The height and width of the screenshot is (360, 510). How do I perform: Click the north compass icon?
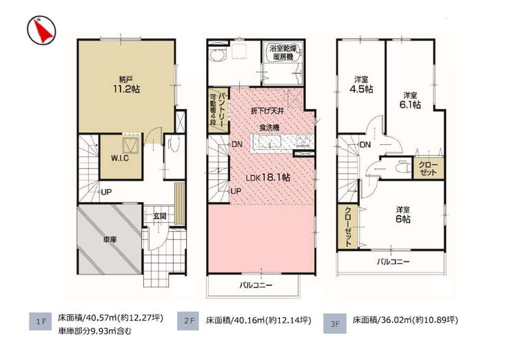coord(41,31)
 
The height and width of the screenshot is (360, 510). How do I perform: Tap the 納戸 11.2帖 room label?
coord(127,84)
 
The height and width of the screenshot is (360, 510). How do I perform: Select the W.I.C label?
coord(120,158)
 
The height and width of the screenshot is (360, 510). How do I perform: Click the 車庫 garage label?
coord(110,240)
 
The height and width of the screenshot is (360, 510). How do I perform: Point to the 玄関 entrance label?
coord(160,215)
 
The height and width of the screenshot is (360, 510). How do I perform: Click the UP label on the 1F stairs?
coord(106,192)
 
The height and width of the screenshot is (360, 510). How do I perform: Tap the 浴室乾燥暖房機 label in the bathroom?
coord(283,52)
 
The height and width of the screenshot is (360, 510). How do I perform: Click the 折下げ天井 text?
coord(267,111)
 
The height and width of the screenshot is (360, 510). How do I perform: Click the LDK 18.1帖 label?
coord(268,178)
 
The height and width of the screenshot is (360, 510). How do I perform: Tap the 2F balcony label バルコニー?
coord(256,286)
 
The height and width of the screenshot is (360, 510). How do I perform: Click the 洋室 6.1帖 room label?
coord(411,100)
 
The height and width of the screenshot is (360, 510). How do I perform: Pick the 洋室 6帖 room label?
coord(402,214)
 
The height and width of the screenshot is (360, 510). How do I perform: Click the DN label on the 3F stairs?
coord(365,145)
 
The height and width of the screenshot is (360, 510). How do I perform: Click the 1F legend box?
coord(41,321)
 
